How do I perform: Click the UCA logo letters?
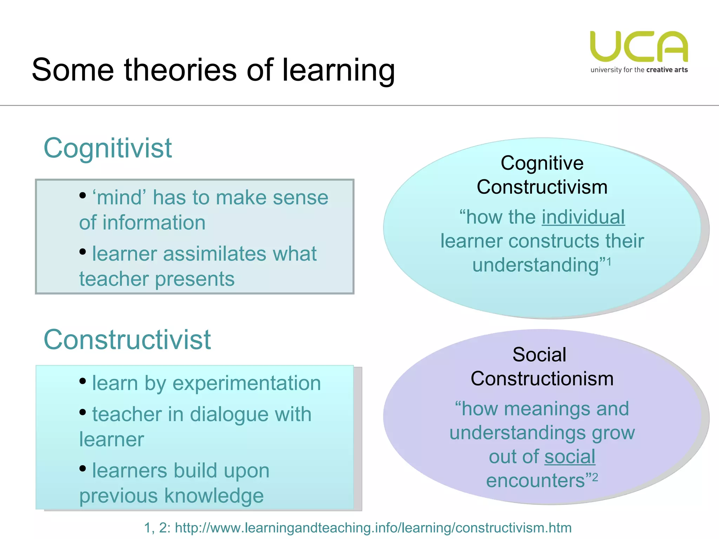[x=639, y=47]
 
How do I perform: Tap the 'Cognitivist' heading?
[x=108, y=148]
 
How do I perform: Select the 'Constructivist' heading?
[x=127, y=340]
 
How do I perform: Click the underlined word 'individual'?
[x=583, y=217]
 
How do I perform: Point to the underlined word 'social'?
[x=570, y=457]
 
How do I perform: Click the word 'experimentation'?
[x=246, y=383]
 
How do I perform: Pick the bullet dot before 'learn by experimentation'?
[x=83, y=381]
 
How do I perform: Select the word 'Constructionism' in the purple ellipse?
[x=542, y=379]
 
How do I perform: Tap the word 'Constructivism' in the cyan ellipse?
[x=542, y=187]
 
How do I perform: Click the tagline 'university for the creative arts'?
[x=639, y=70]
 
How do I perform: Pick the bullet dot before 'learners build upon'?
[x=83, y=468]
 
